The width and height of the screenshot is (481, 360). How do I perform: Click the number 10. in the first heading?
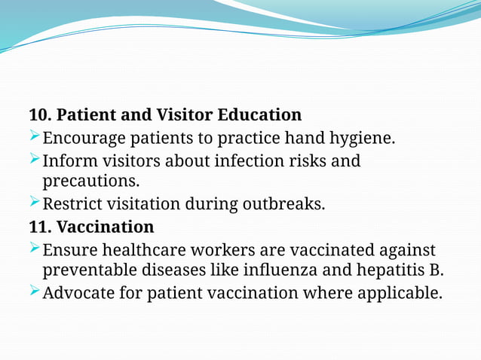(x=40, y=115)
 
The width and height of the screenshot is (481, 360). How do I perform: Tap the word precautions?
(x=90, y=182)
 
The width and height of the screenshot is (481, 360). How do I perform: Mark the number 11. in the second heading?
(x=40, y=227)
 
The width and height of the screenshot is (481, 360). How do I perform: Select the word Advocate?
(x=75, y=292)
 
